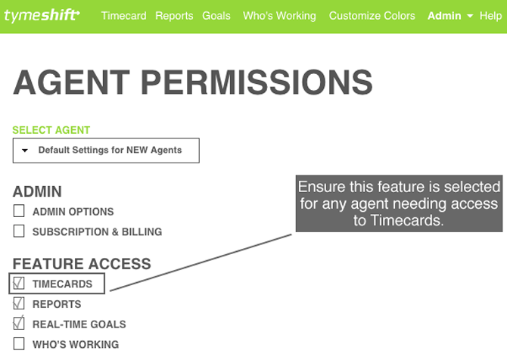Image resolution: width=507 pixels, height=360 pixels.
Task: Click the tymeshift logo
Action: (42, 16)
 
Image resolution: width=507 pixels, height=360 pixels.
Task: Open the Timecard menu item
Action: (123, 16)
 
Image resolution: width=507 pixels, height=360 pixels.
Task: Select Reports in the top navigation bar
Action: (174, 16)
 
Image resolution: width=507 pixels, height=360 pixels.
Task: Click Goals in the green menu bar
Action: (216, 16)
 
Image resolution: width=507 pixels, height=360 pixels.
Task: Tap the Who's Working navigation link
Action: (279, 16)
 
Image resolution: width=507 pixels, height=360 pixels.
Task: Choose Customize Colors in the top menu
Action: (372, 16)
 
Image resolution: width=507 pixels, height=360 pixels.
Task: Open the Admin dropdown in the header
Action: (450, 16)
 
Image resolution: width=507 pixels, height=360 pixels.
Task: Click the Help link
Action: (490, 16)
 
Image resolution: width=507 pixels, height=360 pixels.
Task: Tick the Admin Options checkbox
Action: (19, 211)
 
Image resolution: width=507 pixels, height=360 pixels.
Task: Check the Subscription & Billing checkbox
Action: (19, 231)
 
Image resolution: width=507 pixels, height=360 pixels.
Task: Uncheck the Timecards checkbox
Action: (19, 283)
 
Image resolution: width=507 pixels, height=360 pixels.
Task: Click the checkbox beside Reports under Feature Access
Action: (19, 303)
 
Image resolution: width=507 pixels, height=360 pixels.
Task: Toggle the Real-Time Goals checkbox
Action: (19, 323)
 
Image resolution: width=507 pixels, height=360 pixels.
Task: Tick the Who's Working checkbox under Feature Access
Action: (19, 344)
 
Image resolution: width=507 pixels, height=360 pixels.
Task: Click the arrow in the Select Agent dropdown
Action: (24, 151)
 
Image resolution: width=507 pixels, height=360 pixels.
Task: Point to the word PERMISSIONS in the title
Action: (257, 82)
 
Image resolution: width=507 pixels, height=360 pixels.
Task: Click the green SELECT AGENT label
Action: (51, 130)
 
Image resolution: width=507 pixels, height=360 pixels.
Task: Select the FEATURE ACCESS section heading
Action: (82, 264)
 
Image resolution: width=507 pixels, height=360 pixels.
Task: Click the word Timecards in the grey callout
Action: (406, 220)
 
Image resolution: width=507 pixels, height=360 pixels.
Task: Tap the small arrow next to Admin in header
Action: (470, 16)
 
